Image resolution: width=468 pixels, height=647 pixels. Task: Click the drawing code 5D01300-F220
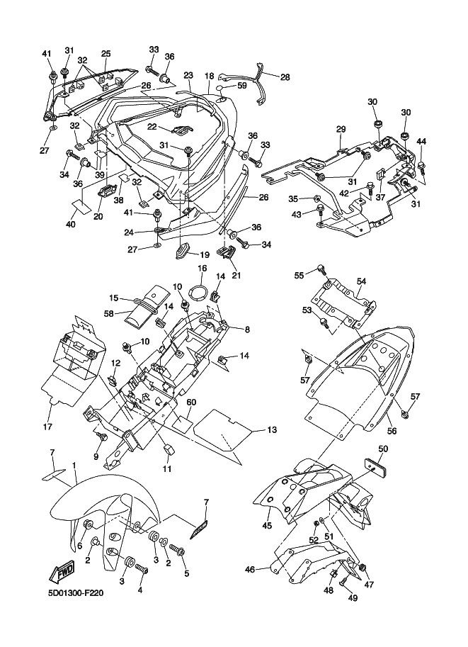[75, 593]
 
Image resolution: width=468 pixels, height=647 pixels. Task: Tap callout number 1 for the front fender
[74, 465]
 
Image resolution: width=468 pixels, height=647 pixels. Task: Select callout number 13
[272, 430]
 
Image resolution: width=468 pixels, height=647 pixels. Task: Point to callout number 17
[47, 427]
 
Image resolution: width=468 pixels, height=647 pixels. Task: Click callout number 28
[285, 77]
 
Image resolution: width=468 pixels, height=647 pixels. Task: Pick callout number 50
[383, 449]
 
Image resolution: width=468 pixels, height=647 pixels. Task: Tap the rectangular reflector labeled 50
[376, 466]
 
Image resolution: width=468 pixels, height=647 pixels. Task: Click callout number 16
[202, 269]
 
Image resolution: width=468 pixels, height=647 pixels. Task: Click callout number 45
[267, 525]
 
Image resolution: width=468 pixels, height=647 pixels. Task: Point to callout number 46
[250, 570]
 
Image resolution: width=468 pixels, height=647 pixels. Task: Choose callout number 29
[341, 129]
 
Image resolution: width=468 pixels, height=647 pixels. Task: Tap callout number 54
[362, 281]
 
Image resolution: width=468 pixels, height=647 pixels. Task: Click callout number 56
[392, 431]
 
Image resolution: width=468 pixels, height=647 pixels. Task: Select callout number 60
[191, 403]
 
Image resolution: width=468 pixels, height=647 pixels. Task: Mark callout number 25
[106, 54]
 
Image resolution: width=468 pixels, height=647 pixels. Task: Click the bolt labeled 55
[321, 270]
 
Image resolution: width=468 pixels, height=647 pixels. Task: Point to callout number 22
[152, 127]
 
